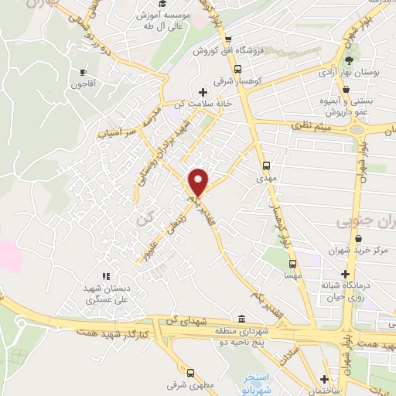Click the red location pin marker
[199, 181]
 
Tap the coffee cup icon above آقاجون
[82, 72]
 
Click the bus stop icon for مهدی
[267, 165]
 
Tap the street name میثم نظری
[309, 126]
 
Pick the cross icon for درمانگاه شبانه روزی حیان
[348, 274]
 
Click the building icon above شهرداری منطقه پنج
[241, 319]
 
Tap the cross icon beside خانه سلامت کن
[203, 91]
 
